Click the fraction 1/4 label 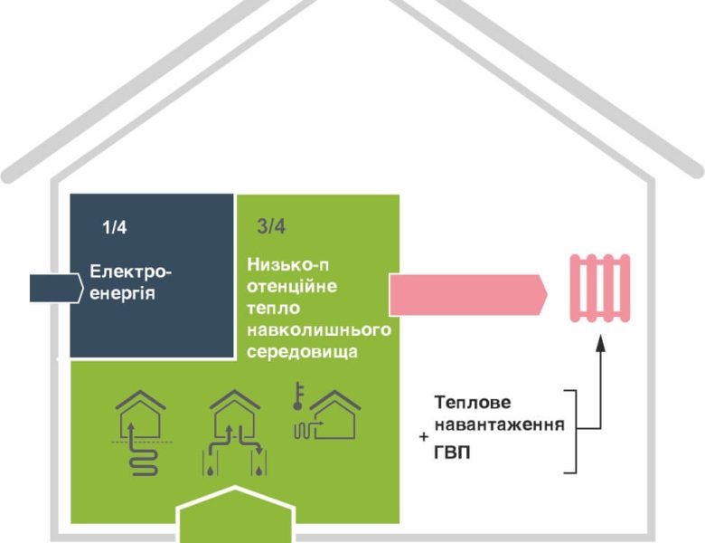click(x=114, y=227)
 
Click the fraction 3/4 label click(x=258, y=227)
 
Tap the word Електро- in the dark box click(x=130, y=271)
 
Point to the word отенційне click(x=291, y=287)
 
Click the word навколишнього click(x=318, y=329)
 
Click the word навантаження click(x=499, y=424)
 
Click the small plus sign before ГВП click(x=424, y=438)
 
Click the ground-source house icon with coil click(x=140, y=433)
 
